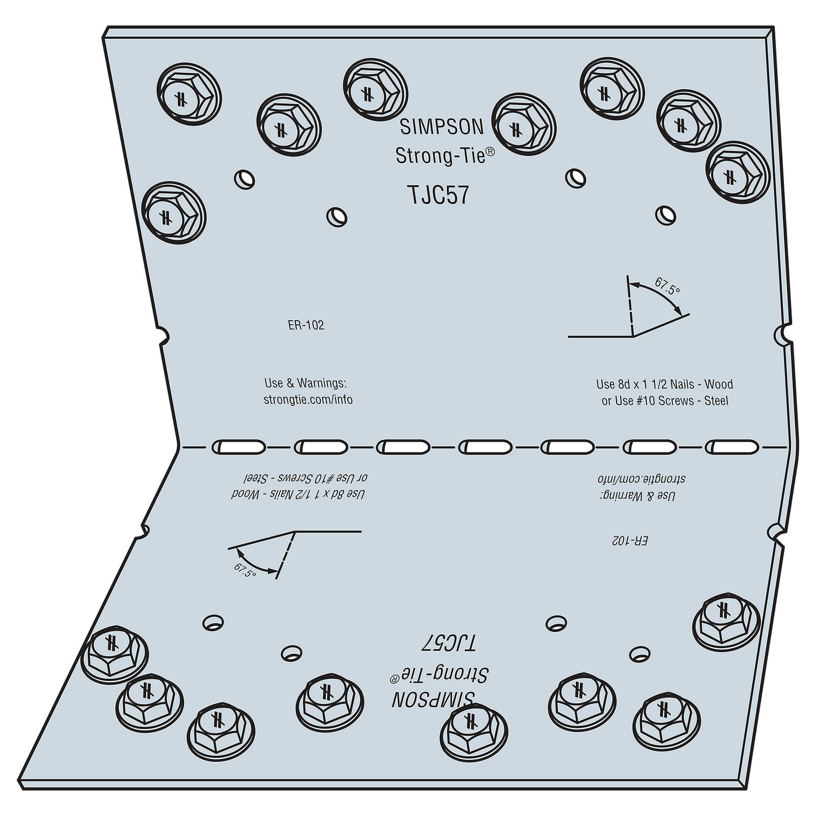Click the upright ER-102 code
[x=306, y=326]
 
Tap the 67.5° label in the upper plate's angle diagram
[x=667, y=287]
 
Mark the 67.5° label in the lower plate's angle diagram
[x=245, y=570]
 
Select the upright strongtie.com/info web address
[x=308, y=400]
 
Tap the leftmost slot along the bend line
[x=238, y=447]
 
